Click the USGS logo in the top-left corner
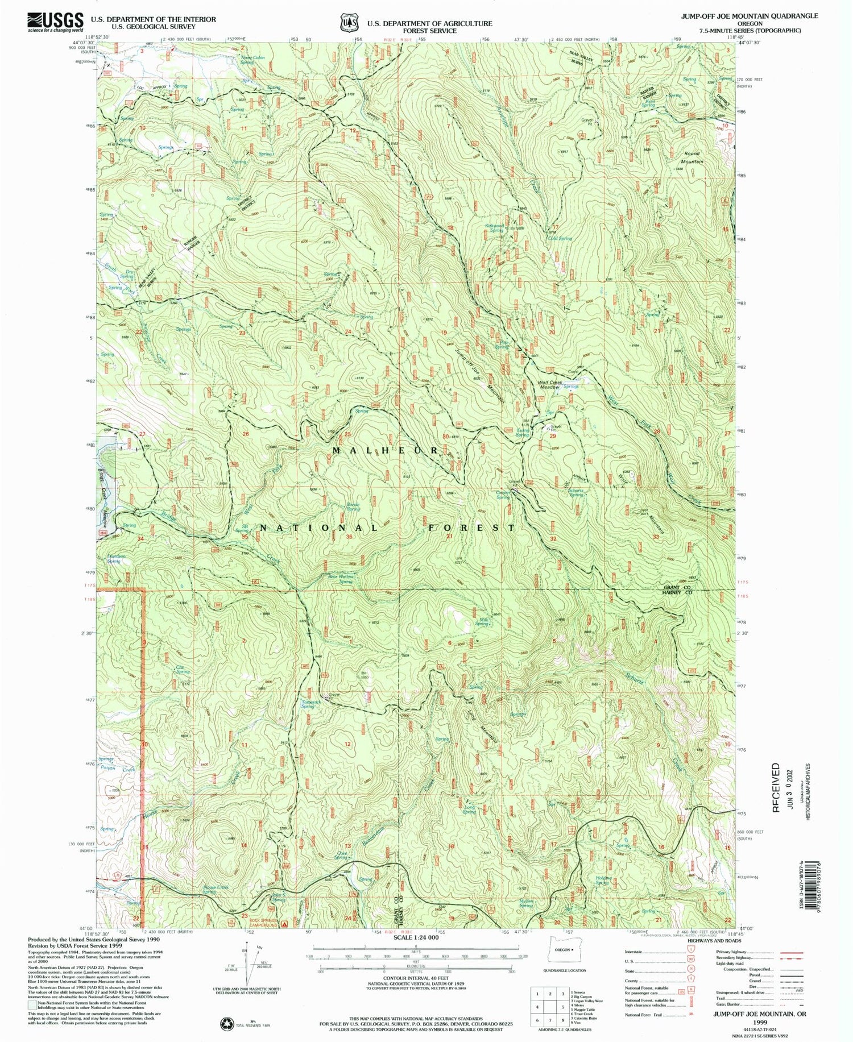55,22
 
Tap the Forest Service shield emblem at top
348,22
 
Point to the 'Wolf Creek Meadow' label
549,384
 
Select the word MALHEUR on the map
384,450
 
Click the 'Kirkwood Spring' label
494,229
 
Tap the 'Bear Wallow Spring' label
341,579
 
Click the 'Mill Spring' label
482,622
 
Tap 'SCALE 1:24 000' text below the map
416,937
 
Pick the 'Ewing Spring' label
522,433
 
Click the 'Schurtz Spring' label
575,492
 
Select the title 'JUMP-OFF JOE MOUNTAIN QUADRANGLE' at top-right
750,15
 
